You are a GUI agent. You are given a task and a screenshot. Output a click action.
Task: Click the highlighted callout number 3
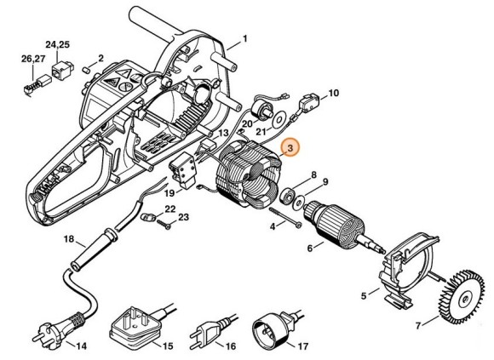point(290,147)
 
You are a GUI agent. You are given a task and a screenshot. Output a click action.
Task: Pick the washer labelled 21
point(279,120)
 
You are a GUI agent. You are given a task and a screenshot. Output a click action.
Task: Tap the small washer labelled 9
point(298,203)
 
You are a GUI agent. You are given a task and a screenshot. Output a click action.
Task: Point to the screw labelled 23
point(164,224)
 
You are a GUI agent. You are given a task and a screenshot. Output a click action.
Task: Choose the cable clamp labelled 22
point(148,217)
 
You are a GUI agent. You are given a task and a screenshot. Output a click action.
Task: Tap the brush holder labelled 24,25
point(62,71)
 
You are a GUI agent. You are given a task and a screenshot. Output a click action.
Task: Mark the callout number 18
point(69,239)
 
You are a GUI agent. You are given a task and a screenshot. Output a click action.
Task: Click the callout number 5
point(364,296)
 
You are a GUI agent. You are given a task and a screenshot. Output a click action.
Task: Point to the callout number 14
point(81,346)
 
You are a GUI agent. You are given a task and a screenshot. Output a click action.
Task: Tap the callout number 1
point(244,38)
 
